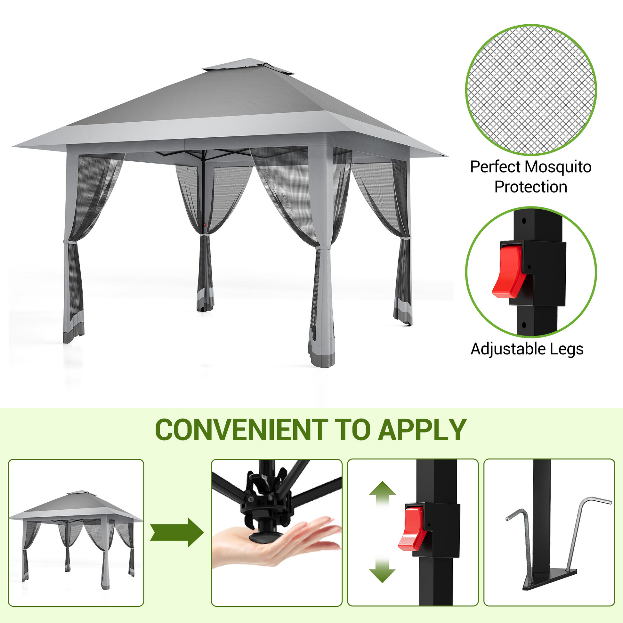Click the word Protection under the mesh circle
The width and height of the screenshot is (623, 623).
(531, 187)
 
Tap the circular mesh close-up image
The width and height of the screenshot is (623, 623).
(531, 90)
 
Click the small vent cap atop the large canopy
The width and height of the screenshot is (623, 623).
(248, 66)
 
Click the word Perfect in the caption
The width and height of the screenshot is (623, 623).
(496, 167)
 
